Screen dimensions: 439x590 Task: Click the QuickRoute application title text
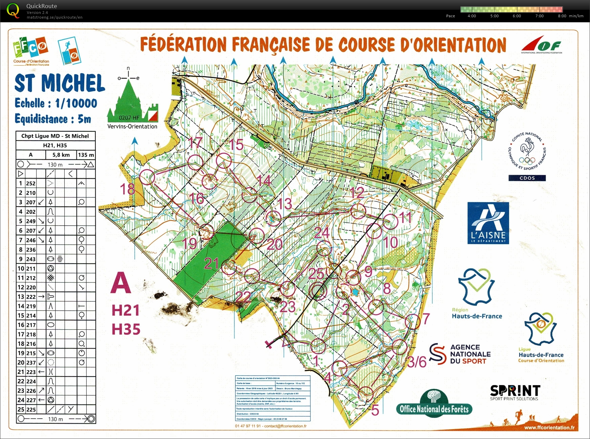pos(42,6)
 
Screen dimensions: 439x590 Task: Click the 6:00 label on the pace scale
pos(517,16)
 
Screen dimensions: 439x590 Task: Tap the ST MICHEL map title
pos(60,83)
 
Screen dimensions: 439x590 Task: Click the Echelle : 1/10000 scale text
pos(56,103)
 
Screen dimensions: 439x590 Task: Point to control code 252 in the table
pos(31,183)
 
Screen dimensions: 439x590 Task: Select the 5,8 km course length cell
pos(61,155)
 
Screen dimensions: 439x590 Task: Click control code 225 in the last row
pos(31,410)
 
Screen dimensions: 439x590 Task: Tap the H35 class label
pos(126,329)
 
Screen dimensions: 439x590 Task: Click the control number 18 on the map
pos(128,189)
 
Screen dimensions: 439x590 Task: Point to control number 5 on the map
pos(375,410)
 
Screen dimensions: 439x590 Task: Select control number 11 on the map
pos(405,217)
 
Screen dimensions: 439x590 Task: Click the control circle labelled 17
pos(195,162)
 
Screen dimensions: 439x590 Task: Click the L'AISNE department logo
pos(488,223)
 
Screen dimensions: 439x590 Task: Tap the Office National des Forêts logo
pos(434,404)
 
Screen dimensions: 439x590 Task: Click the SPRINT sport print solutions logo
pos(515,392)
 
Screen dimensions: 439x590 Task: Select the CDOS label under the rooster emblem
pos(527,178)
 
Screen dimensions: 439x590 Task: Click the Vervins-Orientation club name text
pos(132,126)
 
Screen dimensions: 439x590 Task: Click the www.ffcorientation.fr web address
pos(549,428)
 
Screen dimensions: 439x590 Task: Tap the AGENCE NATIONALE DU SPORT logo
pos(460,354)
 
